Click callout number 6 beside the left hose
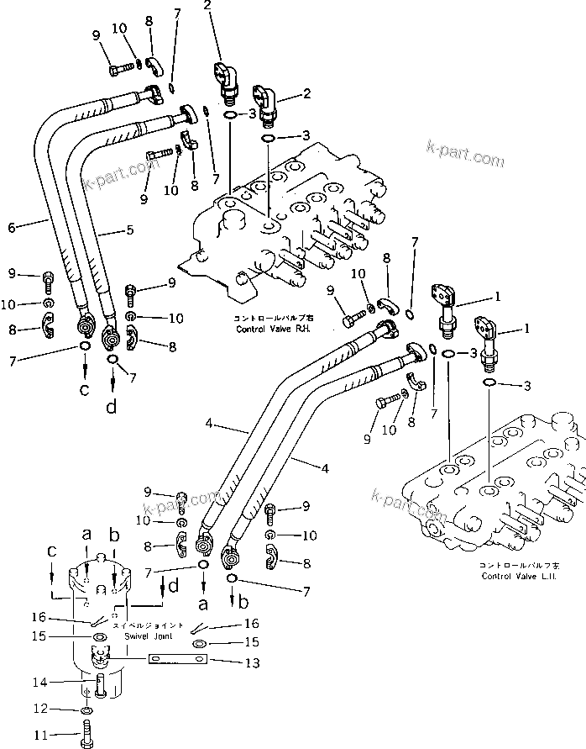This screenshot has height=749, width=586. pyautogui.click(x=11, y=227)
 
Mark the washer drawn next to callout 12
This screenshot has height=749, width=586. pyautogui.click(x=87, y=714)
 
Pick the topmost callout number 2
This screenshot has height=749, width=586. pyautogui.click(x=207, y=6)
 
